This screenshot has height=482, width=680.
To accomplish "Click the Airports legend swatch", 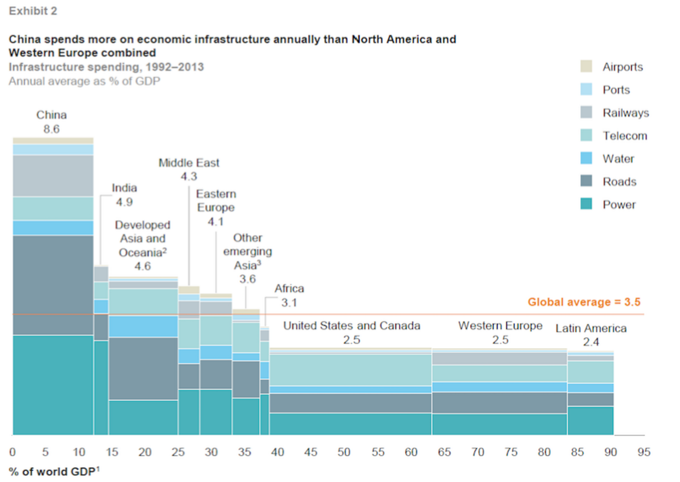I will point(587,67).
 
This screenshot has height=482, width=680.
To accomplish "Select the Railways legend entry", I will point(625,113).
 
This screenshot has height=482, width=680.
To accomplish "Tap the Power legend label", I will point(619,204).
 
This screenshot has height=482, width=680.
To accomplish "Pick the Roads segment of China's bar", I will point(53,284).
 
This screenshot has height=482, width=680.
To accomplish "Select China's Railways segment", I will point(53,175).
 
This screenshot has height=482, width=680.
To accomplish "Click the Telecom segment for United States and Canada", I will point(350,370).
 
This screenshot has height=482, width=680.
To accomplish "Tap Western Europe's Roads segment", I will point(499,402).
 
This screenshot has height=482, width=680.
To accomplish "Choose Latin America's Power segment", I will point(590,420).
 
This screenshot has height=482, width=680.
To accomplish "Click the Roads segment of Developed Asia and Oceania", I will point(143,368).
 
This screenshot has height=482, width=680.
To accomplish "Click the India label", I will point(124,187).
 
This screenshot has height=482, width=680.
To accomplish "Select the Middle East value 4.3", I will point(189,176).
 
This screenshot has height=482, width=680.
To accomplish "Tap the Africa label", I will point(289,288).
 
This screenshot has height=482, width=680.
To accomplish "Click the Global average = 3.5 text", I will point(583,302).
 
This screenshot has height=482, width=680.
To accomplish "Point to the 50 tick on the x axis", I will point(343,452).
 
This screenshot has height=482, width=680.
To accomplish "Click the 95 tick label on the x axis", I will point(645,452).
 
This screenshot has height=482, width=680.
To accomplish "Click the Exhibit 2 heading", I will point(32,11).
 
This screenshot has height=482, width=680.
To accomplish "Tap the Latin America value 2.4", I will point(590,342).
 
